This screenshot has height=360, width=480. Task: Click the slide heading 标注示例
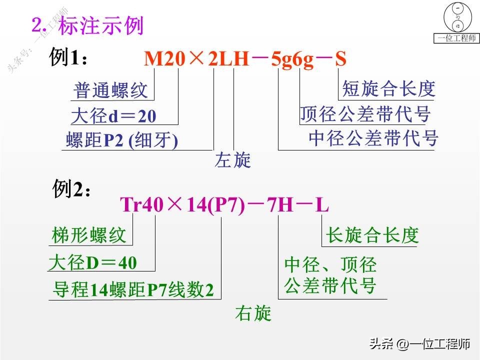point(100,25)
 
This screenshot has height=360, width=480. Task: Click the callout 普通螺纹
point(110,91)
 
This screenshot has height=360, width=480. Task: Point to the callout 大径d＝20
point(113,116)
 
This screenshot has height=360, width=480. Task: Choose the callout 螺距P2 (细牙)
point(122,141)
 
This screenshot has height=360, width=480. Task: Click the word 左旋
point(233,160)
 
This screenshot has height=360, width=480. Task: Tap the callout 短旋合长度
point(388,89)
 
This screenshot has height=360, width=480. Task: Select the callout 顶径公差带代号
point(365,114)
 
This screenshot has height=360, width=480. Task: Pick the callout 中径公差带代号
point(373,137)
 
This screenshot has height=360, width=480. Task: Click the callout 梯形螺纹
point(89,235)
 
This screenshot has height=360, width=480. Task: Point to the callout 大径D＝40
point(93,262)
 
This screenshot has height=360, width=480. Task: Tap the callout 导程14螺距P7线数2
point(133,290)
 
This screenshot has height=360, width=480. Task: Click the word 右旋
point(253,313)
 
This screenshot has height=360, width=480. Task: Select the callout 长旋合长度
point(372,235)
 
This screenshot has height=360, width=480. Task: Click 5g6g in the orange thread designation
point(292,59)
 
